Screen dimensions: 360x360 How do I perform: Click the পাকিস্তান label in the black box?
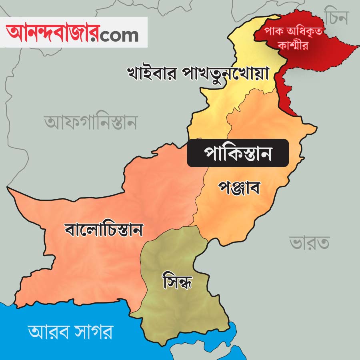(238, 153)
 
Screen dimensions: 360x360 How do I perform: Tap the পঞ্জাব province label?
(240, 187)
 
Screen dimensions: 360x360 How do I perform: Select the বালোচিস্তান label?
(104, 230)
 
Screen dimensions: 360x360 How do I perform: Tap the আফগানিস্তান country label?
(91, 122)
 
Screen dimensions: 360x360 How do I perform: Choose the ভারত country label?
(309, 243)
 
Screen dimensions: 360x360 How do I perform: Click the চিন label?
(337, 17)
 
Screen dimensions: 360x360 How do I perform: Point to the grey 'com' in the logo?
(119, 35)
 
